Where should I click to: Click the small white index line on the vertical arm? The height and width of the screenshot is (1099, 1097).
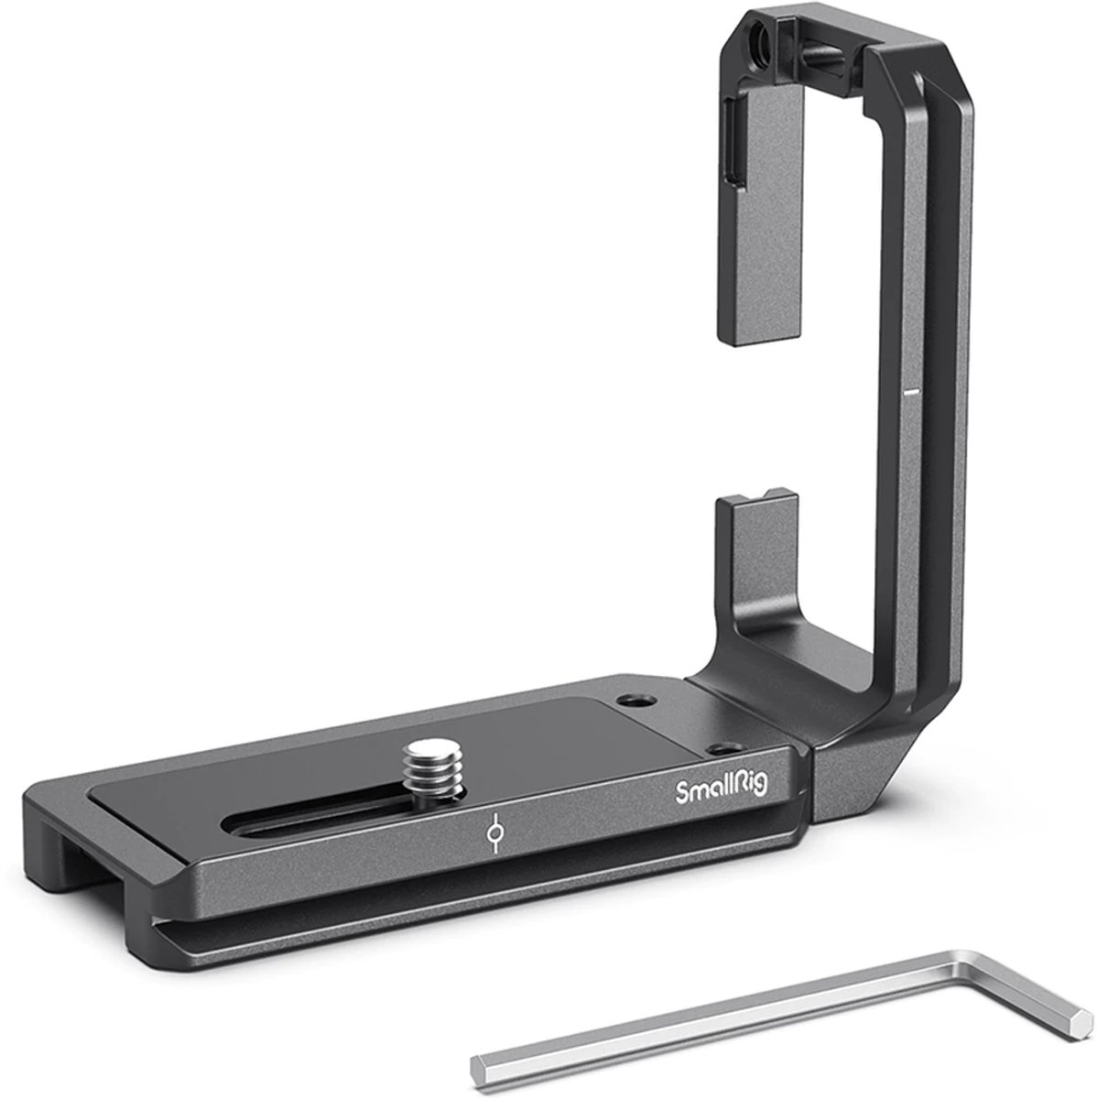click(909, 392)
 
